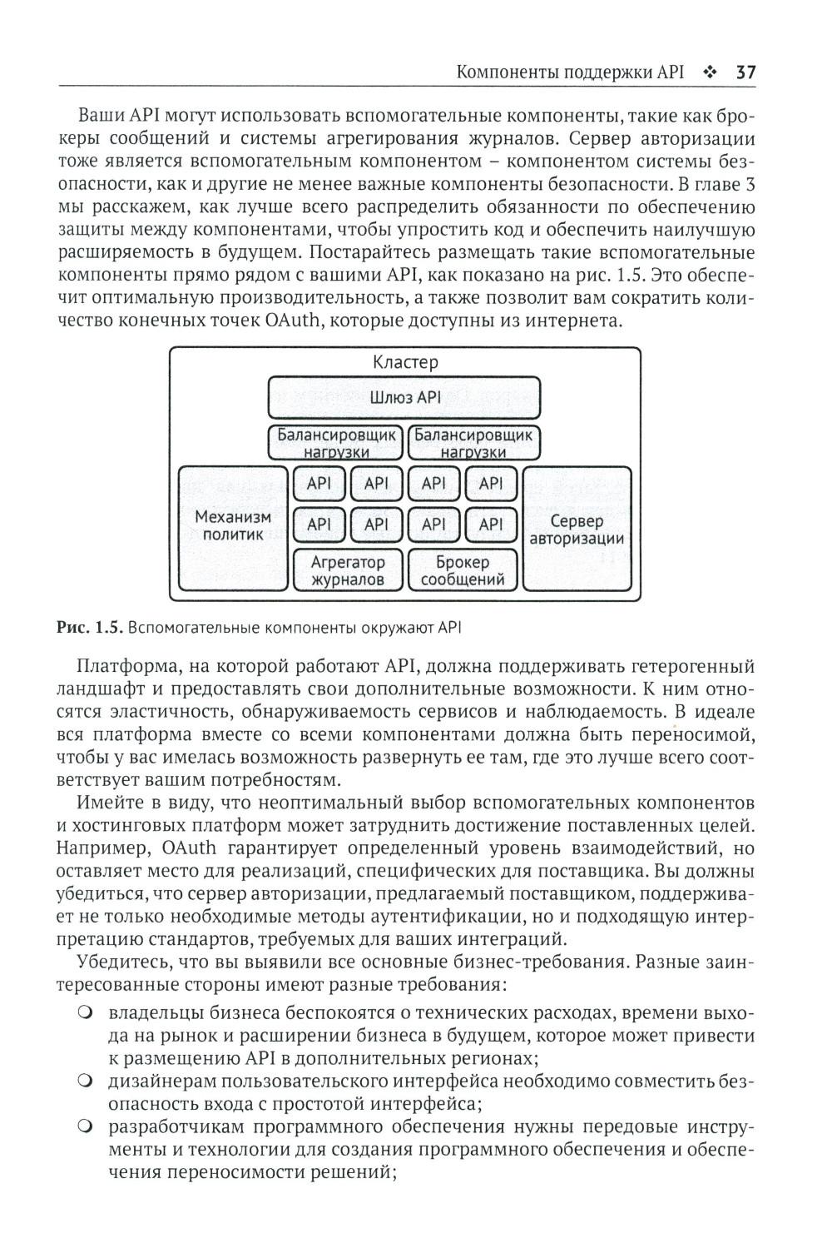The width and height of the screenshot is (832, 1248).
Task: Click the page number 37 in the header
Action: pyautogui.click(x=745, y=72)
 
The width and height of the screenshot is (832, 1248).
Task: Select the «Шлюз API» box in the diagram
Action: pyautogui.click(x=404, y=397)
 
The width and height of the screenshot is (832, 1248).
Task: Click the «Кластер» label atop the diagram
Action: pyautogui.click(x=405, y=362)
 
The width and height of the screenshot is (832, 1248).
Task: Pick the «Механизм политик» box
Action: pyautogui.click(x=233, y=526)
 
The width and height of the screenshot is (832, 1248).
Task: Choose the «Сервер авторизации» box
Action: pyautogui.click(x=577, y=530)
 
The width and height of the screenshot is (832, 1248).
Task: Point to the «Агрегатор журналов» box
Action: pyautogui.click(x=348, y=570)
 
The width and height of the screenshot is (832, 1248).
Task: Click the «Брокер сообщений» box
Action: pyautogui.click(x=463, y=570)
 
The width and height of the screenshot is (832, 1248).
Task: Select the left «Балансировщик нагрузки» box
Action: pyautogui.click(x=335, y=442)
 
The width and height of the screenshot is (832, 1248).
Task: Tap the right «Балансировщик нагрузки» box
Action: pyautogui.click(x=473, y=442)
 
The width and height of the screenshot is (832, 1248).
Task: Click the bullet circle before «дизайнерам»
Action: pyautogui.click(x=85, y=1081)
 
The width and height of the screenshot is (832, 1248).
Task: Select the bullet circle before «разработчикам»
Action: pyautogui.click(x=85, y=1127)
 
